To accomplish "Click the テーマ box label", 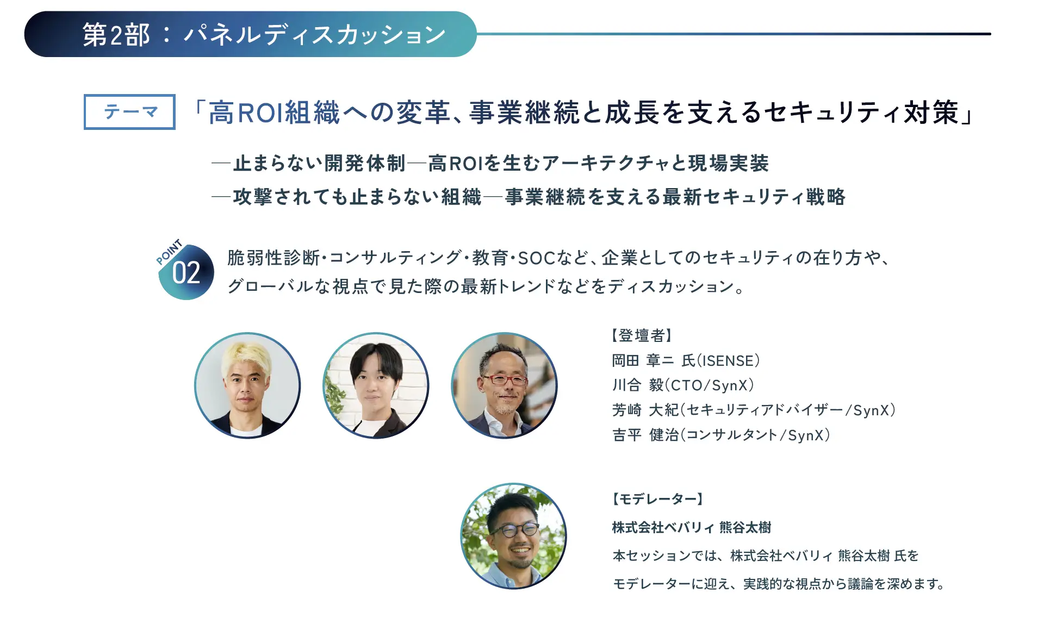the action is click(x=129, y=112).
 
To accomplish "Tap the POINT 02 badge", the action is click(x=185, y=270).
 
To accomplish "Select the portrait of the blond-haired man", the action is click(x=247, y=385).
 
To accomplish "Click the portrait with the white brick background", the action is click(x=376, y=385).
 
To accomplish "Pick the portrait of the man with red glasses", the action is click(x=504, y=385).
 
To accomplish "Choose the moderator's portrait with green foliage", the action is click(x=513, y=536).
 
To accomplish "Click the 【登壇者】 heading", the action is click(x=642, y=335).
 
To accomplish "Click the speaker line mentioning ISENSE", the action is click(x=686, y=361).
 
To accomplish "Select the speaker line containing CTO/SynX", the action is click(x=683, y=385).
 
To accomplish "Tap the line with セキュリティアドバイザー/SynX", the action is click(x=754, y=410).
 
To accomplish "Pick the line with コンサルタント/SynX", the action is click(x=721, y=435).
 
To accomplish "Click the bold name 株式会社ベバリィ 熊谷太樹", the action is click(x=692, y=527).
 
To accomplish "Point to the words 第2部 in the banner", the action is click(x=116, y=35).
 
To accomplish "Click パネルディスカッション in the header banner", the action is click(x=315, y=35).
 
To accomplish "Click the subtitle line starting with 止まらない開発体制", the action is click(x=490, y=163).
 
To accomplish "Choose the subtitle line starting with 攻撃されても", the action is click(x=529, y=197).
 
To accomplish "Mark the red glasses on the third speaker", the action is click(x=505, y=379).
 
